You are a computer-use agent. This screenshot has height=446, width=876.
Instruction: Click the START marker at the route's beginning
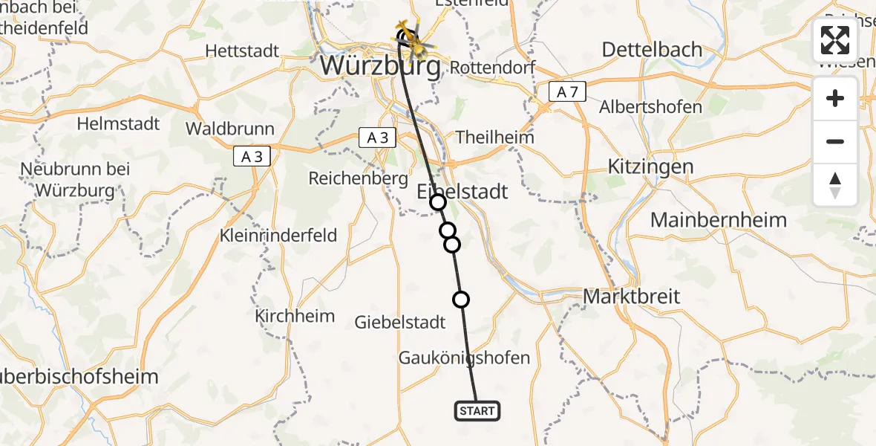click(477, 411)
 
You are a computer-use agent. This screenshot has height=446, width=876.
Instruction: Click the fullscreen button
click(835, 40)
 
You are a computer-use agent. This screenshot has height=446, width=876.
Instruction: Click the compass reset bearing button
click(835, 185)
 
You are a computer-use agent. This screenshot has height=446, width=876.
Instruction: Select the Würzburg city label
click(380, 66)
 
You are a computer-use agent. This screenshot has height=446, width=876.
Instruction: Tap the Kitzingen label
click(650, 166)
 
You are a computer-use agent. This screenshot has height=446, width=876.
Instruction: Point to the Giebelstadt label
click(400, 322)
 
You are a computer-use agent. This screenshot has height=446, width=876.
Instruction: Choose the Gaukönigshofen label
click(465, 358)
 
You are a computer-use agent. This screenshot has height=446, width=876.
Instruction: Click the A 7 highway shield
click(568, 92)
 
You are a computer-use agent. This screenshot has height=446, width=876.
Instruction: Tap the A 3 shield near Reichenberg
click(378, 138)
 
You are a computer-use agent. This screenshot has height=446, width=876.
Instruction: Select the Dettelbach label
click(652, 50)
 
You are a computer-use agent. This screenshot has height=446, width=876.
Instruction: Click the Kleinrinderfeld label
click(278, 236)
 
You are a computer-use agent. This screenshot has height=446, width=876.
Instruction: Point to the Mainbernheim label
click(718, 220)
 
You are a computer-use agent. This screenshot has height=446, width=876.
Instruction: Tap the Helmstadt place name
click(118, 123)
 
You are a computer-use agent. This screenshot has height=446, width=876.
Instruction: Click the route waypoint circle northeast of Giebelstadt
click(461, 300)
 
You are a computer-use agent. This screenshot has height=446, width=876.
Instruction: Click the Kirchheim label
click(295, 315)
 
